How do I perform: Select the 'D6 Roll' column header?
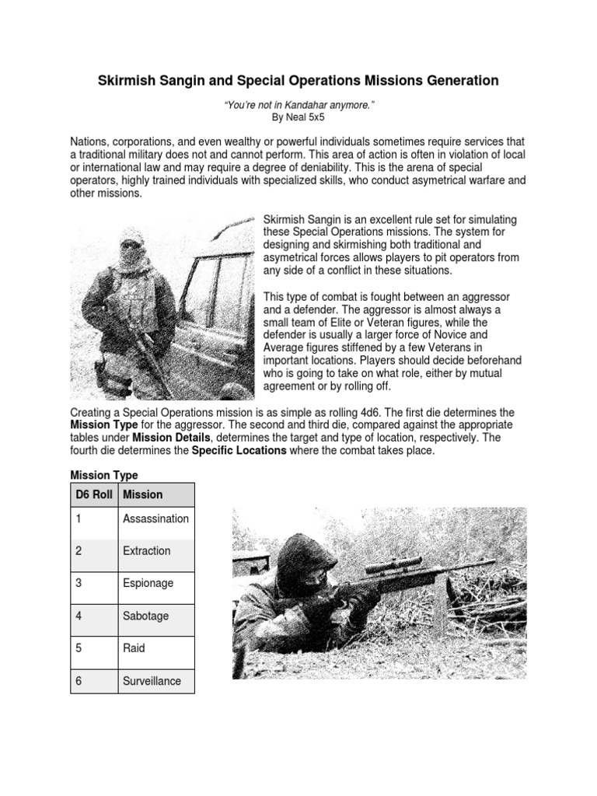(x=93, y=494)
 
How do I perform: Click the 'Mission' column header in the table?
(x=143, y=494)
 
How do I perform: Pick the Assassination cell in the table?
(x=155, y=518)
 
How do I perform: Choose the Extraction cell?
(x=146, y=550)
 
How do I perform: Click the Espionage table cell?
(x=148, y=583)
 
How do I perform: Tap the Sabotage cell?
(x=145, y=616)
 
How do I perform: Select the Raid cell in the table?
(x=134, y=648)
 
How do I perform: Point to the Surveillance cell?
(x=152, y=681)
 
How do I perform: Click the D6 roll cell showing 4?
(x=79, y=616)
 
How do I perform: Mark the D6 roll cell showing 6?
(x=79, y=681)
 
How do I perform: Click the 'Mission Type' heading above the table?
(x=104, y=474)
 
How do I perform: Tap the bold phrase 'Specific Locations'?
(x=239, y=450)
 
